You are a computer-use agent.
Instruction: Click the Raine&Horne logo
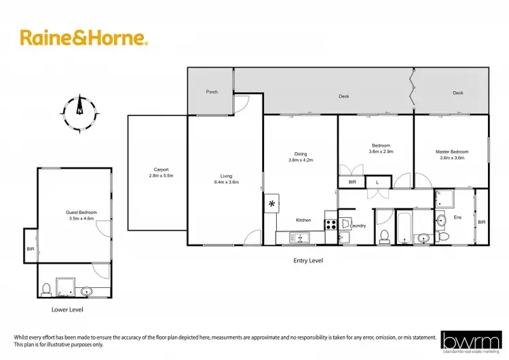(83, 37)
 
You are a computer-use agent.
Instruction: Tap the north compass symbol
(79, 109)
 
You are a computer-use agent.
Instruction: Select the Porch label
(212, 92)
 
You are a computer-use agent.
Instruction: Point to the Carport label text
(161, 169)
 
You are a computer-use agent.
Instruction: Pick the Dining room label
(300, 154)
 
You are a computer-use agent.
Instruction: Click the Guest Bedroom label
(80, 212)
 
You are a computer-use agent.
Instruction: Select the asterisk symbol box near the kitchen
(271, 204)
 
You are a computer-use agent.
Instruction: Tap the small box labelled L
(377, 182)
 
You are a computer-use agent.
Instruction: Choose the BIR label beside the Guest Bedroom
(31, 249)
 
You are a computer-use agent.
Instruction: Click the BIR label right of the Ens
(481, 222)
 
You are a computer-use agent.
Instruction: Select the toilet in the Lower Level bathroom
(45, 289)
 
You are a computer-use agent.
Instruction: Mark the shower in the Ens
(446, 199)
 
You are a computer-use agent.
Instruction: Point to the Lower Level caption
(67, 309)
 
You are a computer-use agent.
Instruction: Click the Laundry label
(360, 226)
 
